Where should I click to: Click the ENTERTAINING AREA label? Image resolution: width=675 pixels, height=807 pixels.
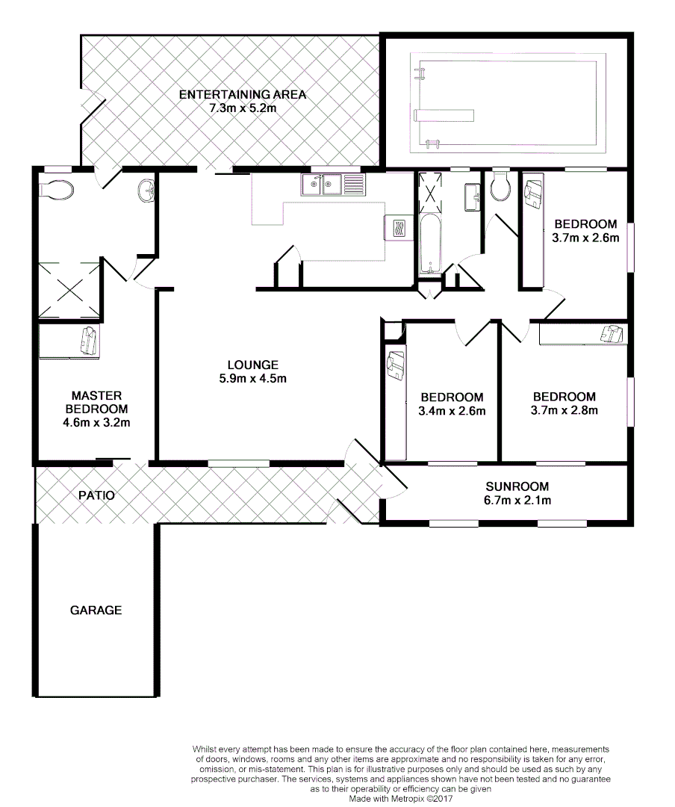(x=242, y=94)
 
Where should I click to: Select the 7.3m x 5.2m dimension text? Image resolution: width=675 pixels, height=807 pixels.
(x=242, y=108)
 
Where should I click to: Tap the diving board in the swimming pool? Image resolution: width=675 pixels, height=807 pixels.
(x=444, y=114)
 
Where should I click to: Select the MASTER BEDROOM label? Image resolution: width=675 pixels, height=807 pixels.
(x=96, y=402)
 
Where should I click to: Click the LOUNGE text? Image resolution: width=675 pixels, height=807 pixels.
(x=253, y=365)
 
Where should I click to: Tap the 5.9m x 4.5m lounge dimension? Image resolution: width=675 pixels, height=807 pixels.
(x=253, y=378)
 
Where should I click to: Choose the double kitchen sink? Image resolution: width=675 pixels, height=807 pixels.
(x=332, y=185)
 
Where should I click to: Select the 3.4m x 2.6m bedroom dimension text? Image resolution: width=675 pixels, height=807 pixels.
(x=452, y=411)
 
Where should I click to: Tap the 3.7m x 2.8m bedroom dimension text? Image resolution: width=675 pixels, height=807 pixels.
(x=564, y=410)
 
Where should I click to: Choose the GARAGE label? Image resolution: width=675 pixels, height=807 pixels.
(x=96, y=610)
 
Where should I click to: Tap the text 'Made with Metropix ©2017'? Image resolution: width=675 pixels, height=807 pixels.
(x=400, y=797)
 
